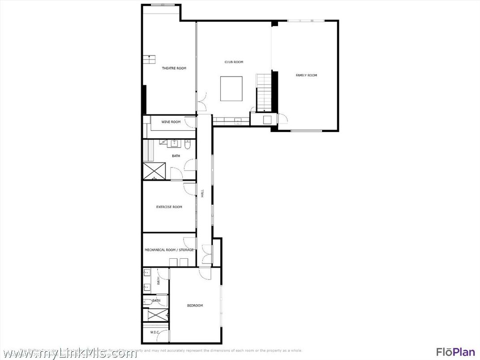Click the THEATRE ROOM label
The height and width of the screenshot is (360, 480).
click(174, 69)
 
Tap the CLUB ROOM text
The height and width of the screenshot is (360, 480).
click(234, 62)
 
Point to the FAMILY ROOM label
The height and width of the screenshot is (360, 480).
click(306, 75)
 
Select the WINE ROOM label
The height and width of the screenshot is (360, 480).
click(171, 122)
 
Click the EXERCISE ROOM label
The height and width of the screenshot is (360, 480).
click(169, 207)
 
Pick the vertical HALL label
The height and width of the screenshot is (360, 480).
click(202, 193)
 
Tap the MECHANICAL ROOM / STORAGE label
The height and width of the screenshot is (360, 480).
click(169, 250)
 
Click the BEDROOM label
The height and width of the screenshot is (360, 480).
click(195, 305)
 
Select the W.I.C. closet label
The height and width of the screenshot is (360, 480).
click(155, 332)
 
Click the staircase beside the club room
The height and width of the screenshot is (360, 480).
click(263, 92)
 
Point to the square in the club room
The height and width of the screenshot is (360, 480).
click(231, 89)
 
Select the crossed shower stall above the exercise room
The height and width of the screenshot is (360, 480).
click(154, 171)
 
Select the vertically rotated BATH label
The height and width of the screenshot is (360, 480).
click(159, 281)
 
